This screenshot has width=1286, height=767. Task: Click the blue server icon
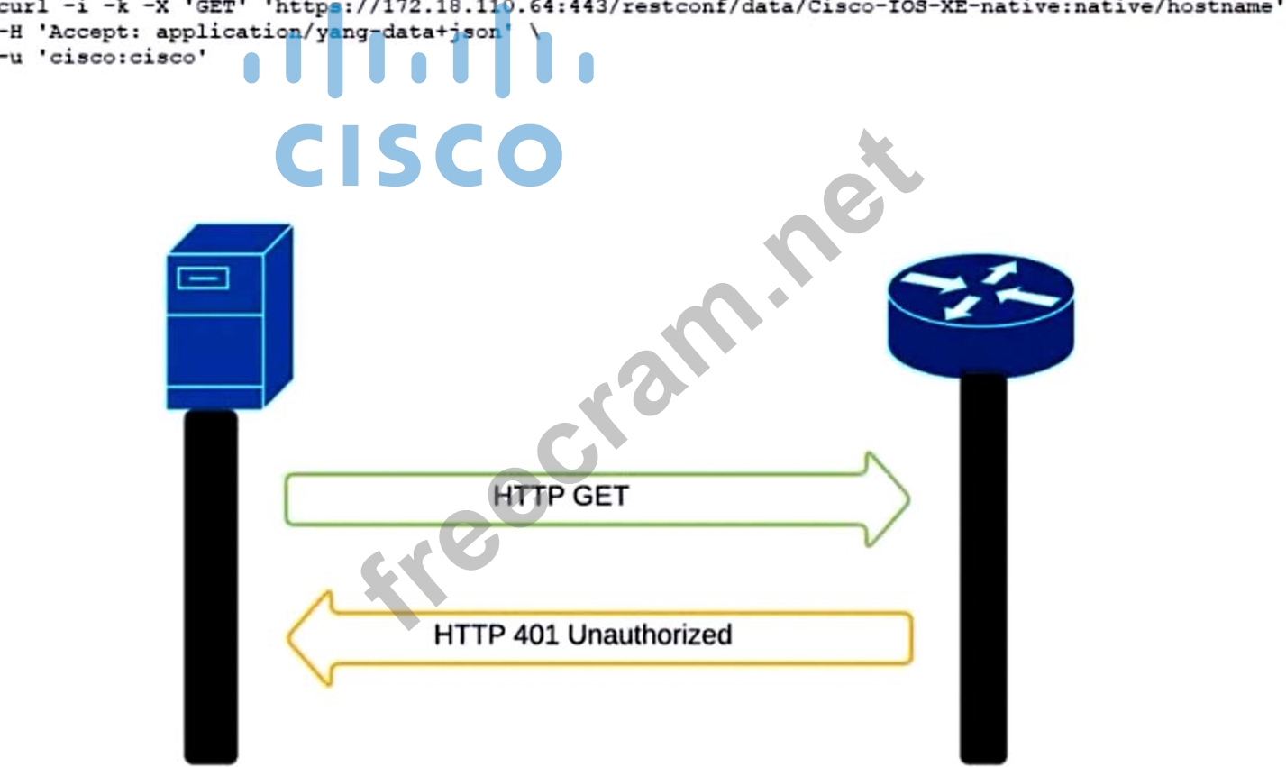click(x=229, y=317)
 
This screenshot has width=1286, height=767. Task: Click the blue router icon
click(x=980, y=311)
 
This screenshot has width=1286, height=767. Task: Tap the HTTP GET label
click(x=560, y=496)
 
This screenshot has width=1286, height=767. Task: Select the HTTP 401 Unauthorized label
click(x=582, y=635)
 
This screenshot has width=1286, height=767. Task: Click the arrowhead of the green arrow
click(x=887, y=498)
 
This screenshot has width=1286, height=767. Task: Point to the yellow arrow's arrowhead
click(x=311, y=638)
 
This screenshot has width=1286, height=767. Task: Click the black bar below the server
click(x=211, y=586)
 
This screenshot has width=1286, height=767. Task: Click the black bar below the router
click(x=982, y=568)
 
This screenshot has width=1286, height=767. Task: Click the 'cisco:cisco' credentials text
click(x=122, y=58)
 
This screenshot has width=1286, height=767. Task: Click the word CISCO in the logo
click(x=418, y=154)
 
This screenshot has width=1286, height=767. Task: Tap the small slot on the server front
click(x=203, y=278)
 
